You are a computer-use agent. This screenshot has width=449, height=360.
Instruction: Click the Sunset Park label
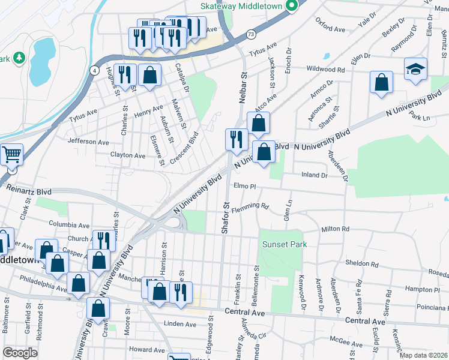[285, 244]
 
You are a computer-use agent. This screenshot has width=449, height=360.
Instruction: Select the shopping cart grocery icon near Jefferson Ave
[10, 155]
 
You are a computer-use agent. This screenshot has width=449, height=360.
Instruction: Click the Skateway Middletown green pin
[292, 7]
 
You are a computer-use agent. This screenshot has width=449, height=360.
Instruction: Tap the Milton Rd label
[335, 229]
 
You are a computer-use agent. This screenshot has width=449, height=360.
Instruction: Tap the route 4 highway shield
[94, 70]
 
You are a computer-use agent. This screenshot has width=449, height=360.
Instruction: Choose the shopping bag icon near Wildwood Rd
[381, 83]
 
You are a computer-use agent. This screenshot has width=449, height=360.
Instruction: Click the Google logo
[20, 353]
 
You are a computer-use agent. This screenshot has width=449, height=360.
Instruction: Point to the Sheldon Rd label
[362, 263]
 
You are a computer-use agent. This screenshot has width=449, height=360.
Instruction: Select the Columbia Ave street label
[70, 224]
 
